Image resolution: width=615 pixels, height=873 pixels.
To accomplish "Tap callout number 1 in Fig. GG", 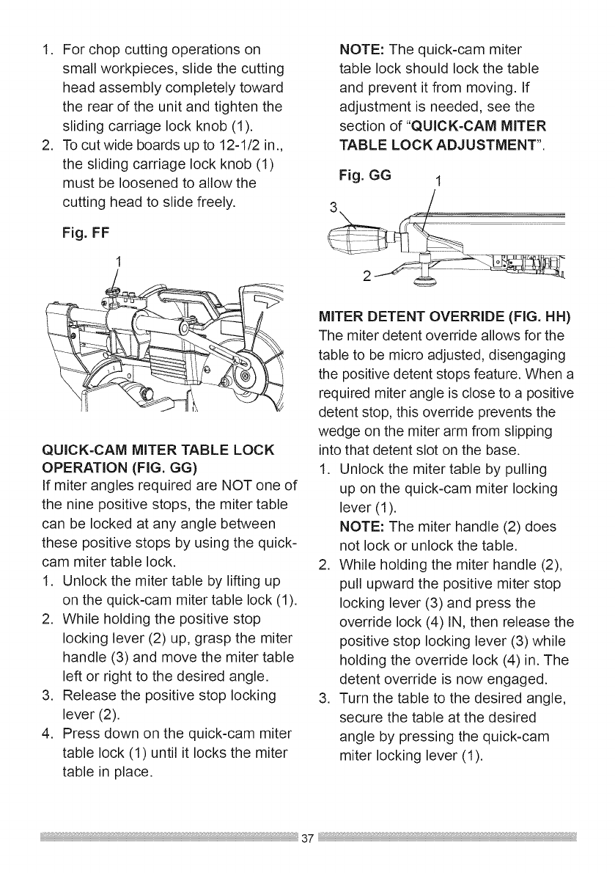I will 437,183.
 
